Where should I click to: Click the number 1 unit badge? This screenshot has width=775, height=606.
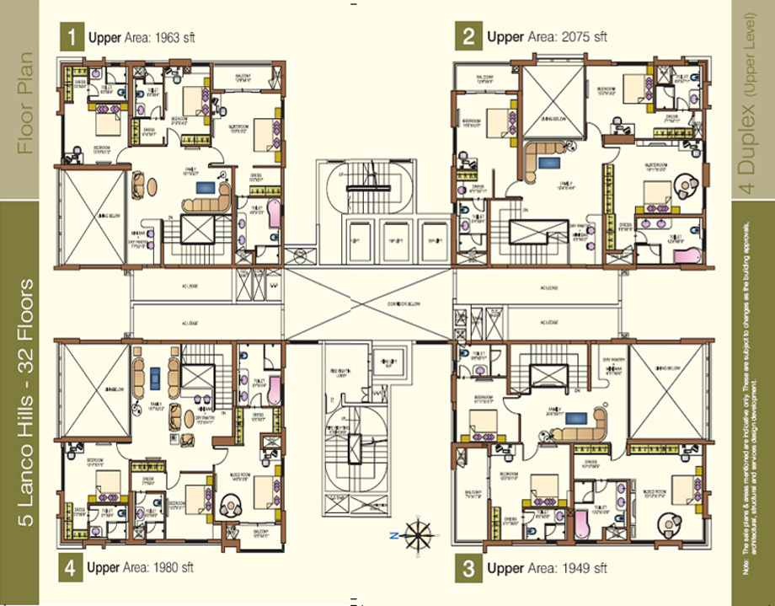(x=72, y=36)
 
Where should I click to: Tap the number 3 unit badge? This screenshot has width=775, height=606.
(x=468, y=568)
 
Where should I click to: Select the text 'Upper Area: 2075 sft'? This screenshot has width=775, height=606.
(x=547, y=36)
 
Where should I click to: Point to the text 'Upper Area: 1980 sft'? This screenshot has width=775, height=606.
(x=140, y=568)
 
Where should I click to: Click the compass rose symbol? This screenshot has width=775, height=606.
(x=417, y=534)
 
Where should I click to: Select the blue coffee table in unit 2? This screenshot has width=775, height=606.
(x=548, y=163)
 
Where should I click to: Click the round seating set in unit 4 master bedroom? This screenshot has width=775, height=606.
(x=230, y=506)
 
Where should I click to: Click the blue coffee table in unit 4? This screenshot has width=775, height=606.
(x=155, y=377)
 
